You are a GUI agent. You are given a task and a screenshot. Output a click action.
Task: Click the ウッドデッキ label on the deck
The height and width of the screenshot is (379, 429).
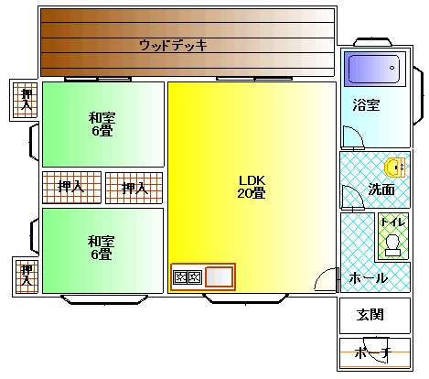coord(173,46)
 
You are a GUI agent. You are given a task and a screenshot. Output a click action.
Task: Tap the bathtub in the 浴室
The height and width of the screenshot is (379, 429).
coord(374,69)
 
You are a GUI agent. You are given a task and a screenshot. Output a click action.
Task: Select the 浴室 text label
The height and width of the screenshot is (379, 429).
coord(366,104)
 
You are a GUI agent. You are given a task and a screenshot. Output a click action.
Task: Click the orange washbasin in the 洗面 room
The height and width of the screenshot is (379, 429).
coord(395,168)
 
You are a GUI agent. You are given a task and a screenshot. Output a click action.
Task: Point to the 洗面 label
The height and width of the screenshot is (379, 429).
coord(381,189)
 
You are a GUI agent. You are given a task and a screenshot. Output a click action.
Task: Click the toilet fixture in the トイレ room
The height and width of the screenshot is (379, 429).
coord(392,245)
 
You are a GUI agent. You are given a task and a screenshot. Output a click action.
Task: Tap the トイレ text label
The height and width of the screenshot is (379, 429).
coord(393,222)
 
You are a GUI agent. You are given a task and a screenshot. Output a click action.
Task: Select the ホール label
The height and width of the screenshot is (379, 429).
coord(368,278)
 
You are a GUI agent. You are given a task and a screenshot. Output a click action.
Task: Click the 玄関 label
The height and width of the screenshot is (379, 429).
coord(370,315)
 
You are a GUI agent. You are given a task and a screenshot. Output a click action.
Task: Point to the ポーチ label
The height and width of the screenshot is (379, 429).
coord(372,353)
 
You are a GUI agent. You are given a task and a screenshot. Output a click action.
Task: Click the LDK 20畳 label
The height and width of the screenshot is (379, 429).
coord(252,187)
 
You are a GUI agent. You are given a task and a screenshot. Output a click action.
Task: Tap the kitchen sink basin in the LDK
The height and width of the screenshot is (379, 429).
coord(220,276)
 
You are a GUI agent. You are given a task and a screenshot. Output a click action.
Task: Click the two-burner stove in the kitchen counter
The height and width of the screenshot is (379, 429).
coord(188,277)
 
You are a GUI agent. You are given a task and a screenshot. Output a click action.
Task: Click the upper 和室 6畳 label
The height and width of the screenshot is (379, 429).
coord(102,125)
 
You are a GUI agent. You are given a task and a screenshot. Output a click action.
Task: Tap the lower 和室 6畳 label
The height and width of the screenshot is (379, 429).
coord(102,247)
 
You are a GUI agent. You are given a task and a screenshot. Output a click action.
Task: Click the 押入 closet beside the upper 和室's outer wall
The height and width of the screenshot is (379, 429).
coord(26,100)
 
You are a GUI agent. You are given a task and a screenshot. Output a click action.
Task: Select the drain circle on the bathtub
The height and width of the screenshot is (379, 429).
coord(391,68)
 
